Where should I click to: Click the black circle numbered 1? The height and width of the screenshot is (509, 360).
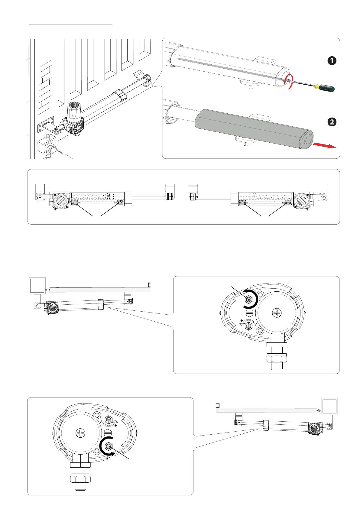pos(332,61)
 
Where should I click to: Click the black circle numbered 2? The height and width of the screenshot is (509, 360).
pos(332,122)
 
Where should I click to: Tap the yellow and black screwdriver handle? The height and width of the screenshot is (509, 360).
pos(325,88)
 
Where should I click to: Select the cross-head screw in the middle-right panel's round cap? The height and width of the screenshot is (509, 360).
pos(277,313)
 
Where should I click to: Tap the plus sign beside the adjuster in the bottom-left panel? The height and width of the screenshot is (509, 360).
pos(116,426)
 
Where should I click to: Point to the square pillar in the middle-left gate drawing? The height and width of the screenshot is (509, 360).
pos(37,286)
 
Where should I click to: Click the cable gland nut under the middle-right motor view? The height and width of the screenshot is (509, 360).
pos(277,358)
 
